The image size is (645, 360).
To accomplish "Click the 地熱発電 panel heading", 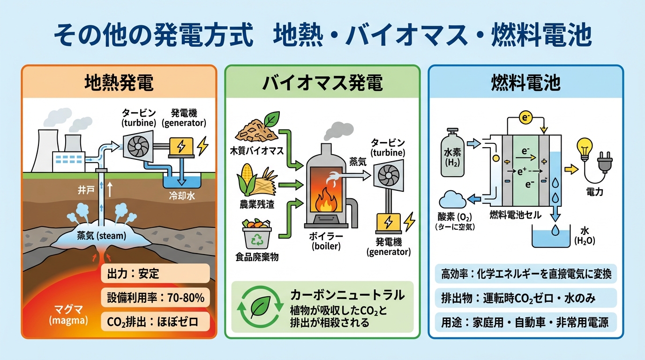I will click(x=119, y=82).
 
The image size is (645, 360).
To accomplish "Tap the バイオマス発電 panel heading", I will click(x=322, y=83).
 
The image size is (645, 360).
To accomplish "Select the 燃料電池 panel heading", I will click(x=526, y=83).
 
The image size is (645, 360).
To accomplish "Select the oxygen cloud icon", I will click(x=452, y=201).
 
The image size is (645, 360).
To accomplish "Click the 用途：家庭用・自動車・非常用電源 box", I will click(x=525, y=322).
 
